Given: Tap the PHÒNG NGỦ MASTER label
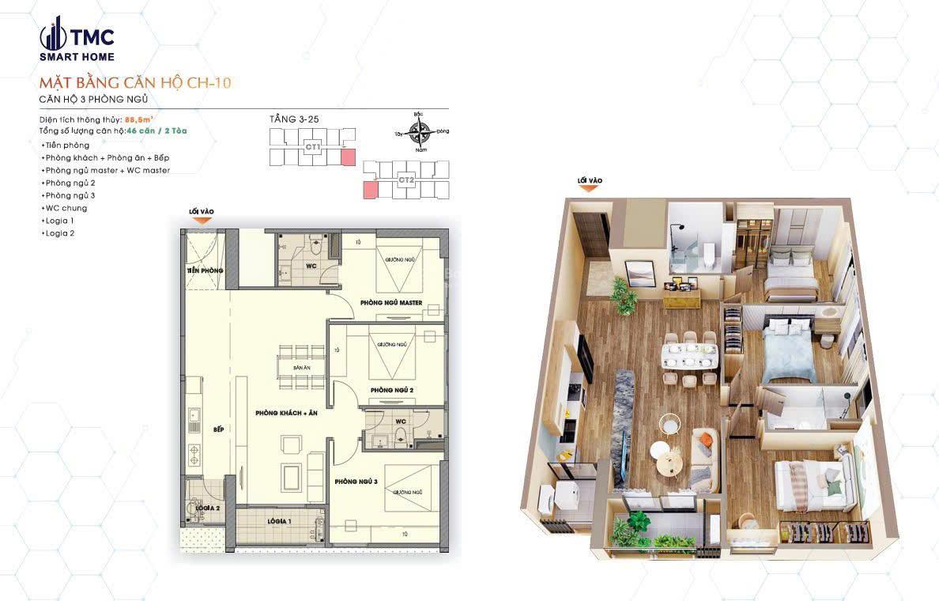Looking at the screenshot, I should point(390,303).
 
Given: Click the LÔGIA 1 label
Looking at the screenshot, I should point(279,521).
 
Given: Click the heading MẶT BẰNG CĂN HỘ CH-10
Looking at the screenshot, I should point(134,82).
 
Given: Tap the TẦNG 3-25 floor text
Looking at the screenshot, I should point(294,119).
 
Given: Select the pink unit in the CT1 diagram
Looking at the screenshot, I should point(348,156).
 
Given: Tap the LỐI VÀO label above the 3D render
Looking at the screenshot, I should point(590,181).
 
